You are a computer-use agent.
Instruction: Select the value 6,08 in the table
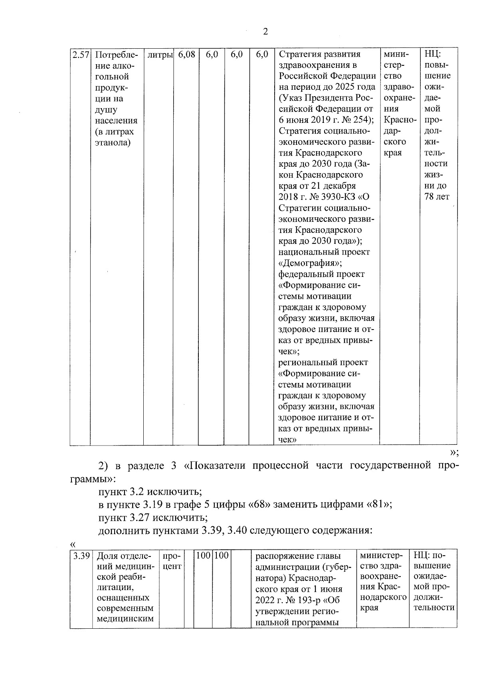tap(186, 54)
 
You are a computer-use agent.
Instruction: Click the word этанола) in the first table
tap(113, 143)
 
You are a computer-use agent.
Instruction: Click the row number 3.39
tap(81, 556)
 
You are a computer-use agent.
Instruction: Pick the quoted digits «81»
tap(378, 504)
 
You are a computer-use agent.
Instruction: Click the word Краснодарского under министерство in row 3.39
tap(383, 597)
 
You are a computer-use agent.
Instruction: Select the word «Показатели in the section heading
tap(220, 466)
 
